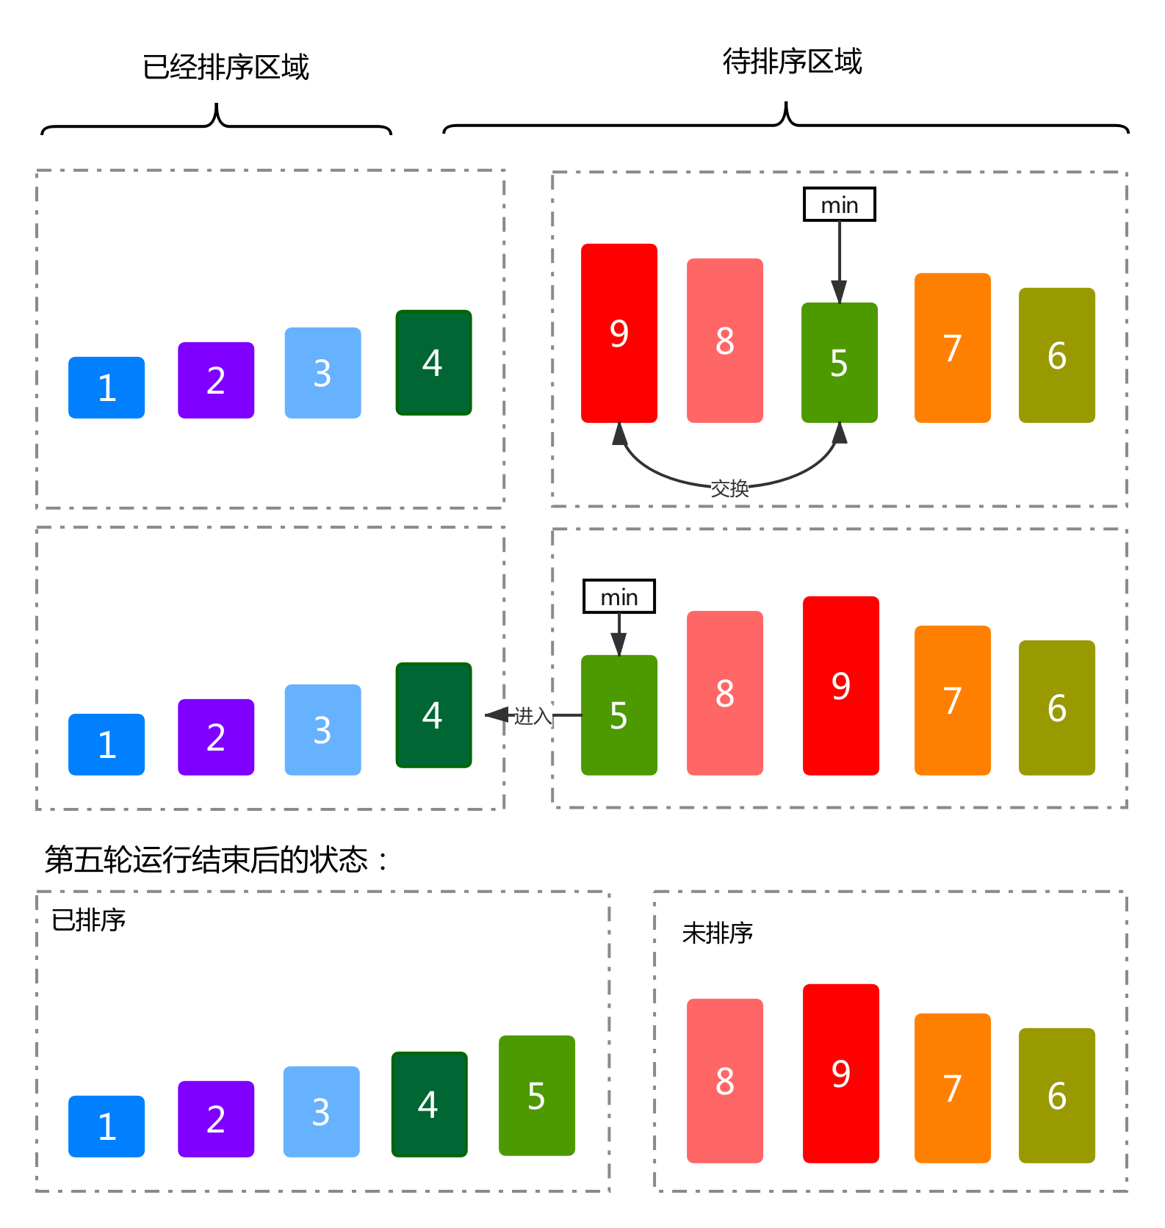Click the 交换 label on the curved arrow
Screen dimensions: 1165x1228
[729, 488]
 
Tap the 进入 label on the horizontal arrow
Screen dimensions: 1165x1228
[533, 715]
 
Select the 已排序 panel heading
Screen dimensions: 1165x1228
[89, 920]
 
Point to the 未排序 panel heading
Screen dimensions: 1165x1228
[718, 933]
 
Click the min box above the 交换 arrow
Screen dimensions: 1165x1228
[840, 205]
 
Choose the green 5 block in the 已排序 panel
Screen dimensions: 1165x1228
[537, 1096]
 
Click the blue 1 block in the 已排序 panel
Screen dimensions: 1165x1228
[107, 1126]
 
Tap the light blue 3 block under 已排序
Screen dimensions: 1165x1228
[322, 1111]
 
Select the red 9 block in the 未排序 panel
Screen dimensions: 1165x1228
[841, 1073]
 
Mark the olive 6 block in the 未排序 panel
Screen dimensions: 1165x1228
[1057, 1095]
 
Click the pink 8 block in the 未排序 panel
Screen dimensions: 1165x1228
[725, 1080]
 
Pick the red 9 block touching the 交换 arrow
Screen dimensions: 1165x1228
[619, 333]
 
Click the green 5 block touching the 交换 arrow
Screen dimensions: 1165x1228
[840, 362]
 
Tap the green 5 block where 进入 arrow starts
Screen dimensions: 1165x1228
[619, 715]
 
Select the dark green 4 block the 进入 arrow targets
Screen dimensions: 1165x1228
[433, 715]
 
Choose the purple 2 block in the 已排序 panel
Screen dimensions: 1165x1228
[216, 1119]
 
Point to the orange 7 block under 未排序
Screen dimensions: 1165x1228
[953, 1088]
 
